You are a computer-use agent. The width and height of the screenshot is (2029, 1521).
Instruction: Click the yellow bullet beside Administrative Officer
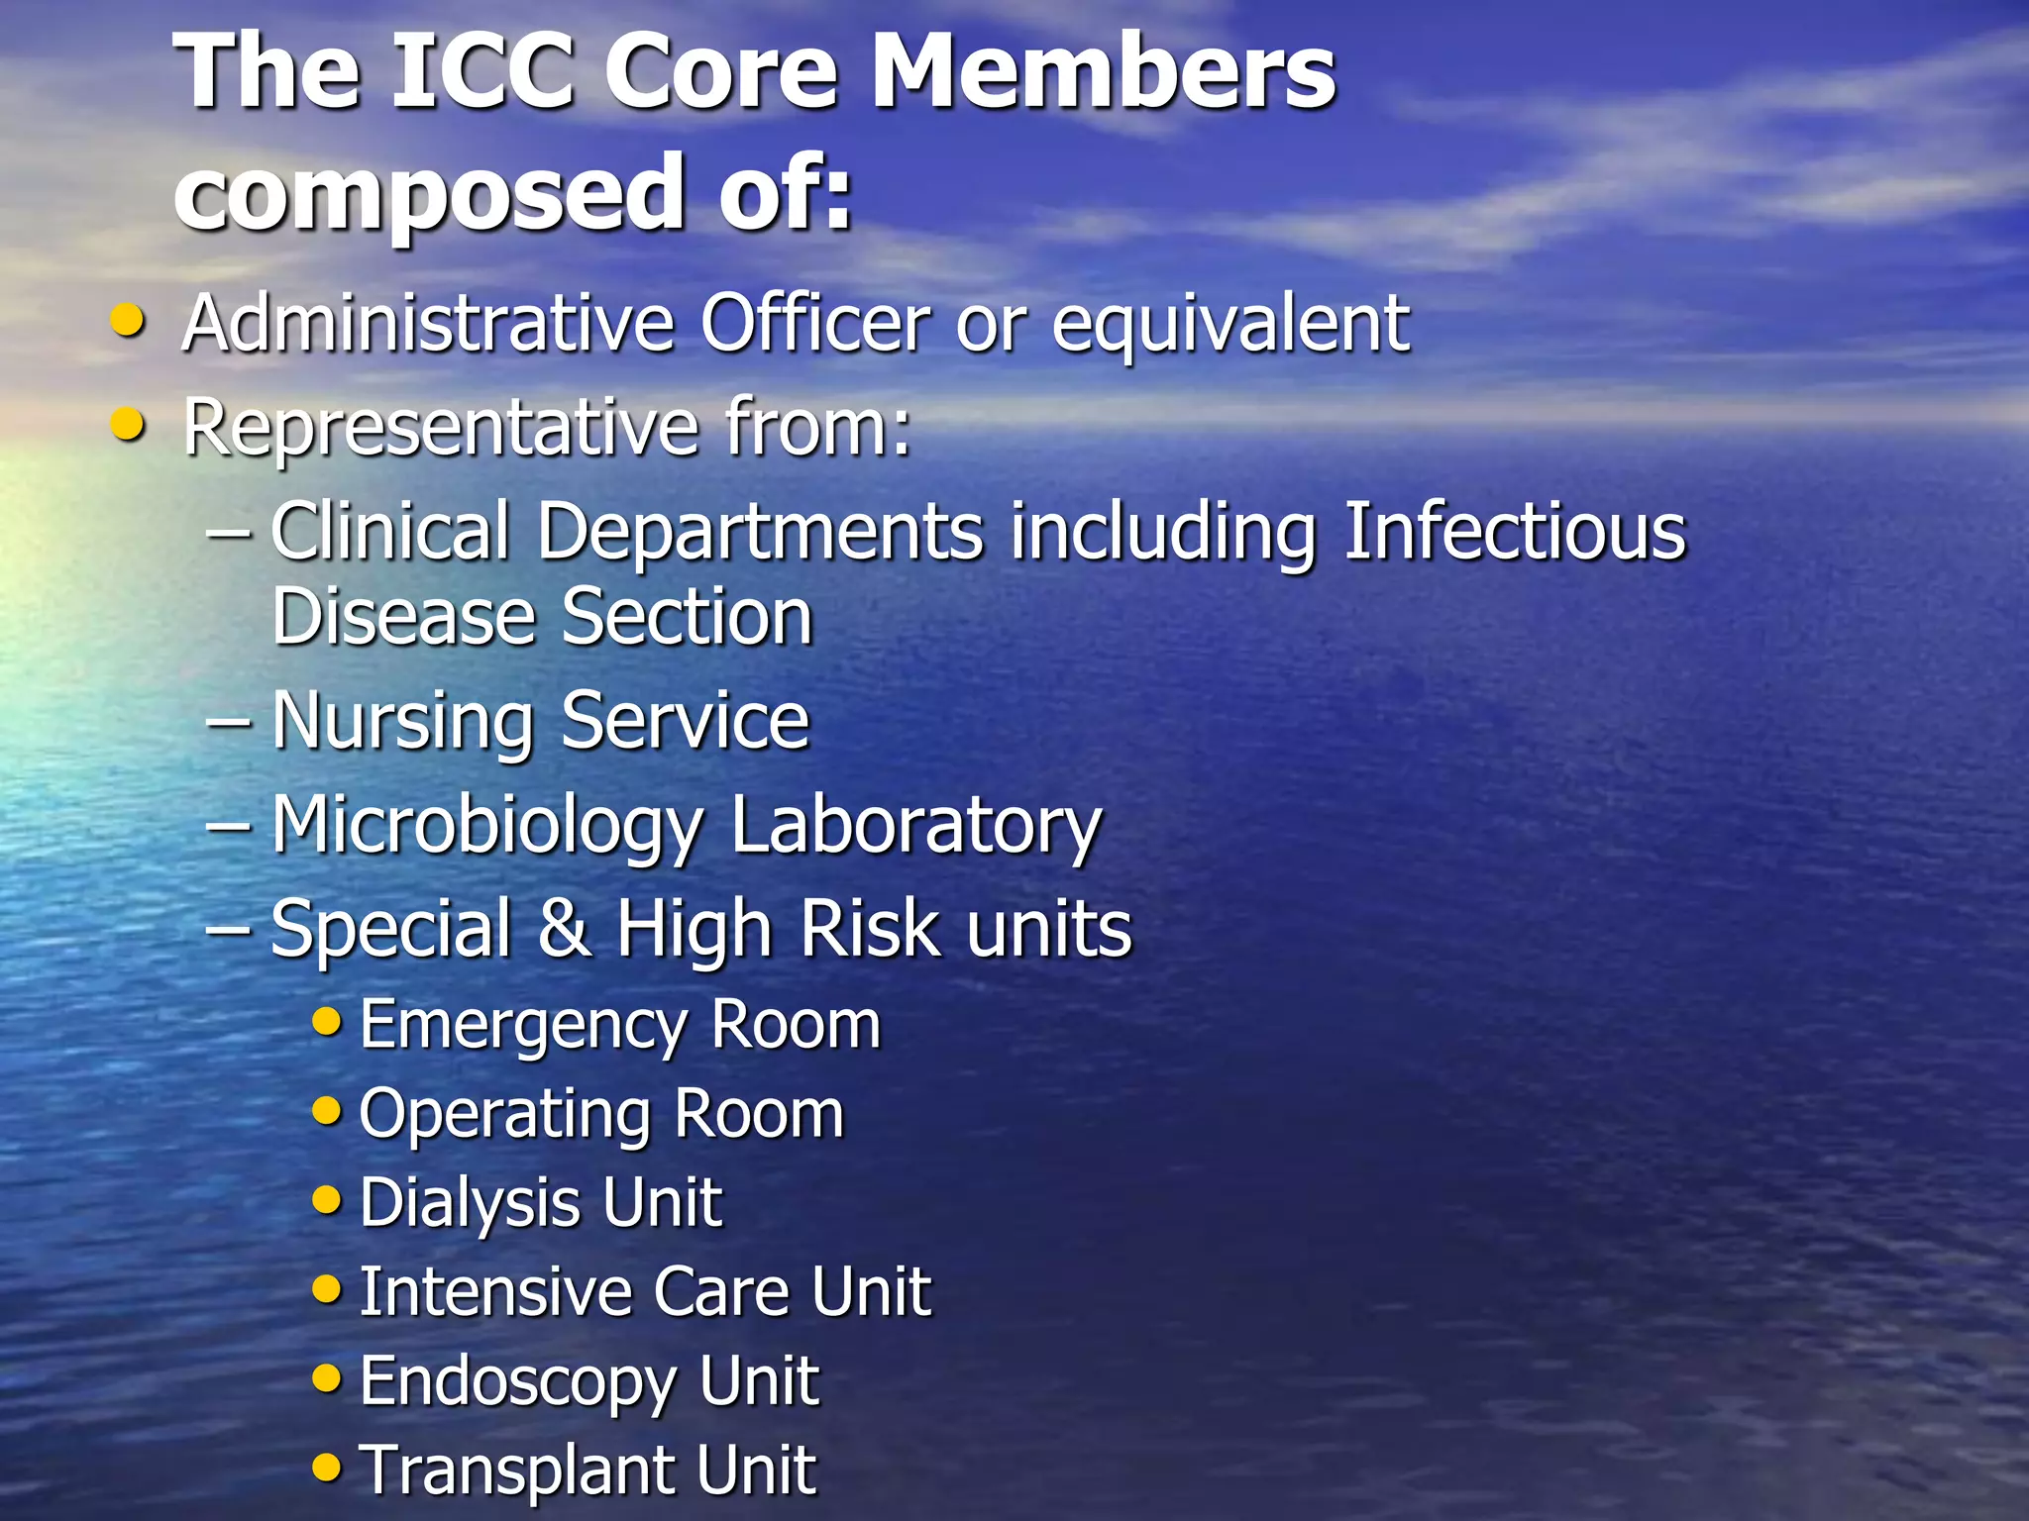point(128,321)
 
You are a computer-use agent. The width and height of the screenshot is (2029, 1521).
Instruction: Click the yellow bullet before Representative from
point(128,425)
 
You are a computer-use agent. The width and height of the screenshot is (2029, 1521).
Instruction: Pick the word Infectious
point(1514,532)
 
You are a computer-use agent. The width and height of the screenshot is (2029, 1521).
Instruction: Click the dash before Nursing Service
point(228,722)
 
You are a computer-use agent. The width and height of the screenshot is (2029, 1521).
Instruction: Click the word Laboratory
point(915,827)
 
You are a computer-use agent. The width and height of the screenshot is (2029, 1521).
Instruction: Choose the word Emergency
point(522,1026)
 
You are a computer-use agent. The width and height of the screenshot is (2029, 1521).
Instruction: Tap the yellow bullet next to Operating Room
point(326,1112)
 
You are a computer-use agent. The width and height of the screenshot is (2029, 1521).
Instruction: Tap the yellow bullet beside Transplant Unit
point(326,1467)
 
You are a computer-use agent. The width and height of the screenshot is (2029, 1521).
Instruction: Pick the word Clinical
point(390,532)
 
